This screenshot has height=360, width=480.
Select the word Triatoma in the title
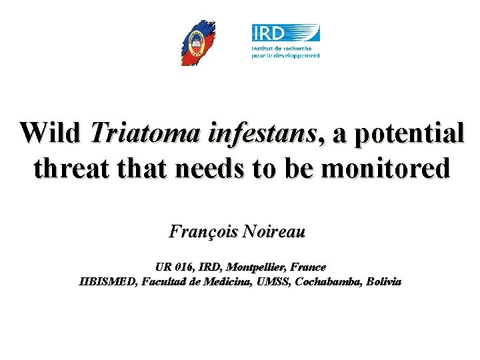[137, 133]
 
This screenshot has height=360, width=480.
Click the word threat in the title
[67, 168]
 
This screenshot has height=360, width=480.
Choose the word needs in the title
[211, 168]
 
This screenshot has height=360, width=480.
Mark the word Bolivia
[383, 281]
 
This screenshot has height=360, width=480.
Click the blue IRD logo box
[285, 33]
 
